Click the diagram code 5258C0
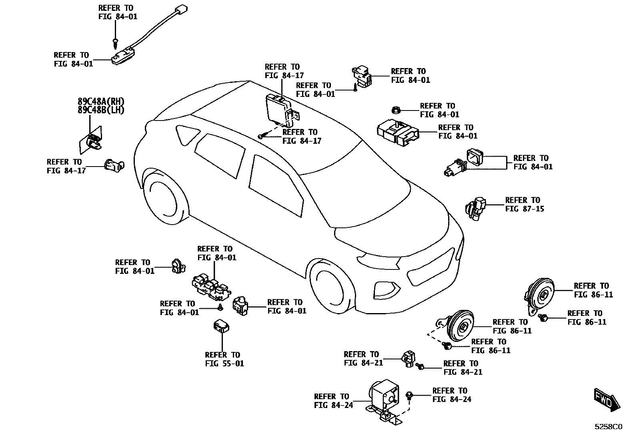point(608,427)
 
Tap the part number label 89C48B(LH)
point(101,110)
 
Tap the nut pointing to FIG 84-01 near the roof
point(393,109)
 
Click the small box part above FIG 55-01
point(221,326)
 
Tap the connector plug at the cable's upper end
point(181,9)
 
